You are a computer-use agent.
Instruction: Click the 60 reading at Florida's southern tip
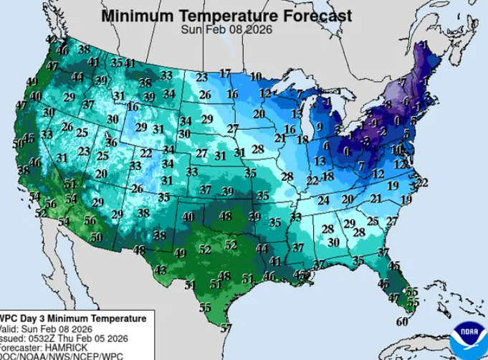[402, 321]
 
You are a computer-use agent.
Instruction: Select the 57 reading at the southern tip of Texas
[226, 328]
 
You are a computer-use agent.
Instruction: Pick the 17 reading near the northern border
[226, 74]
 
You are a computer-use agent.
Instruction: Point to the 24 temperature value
[324, 200]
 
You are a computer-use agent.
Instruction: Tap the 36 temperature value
[112, 143]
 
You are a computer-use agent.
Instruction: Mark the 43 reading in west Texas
[161, 270]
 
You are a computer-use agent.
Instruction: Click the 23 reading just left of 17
[202, 77]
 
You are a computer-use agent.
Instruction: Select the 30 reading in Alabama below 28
[333, 242]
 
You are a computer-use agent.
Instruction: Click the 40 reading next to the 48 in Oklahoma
[188, 217]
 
